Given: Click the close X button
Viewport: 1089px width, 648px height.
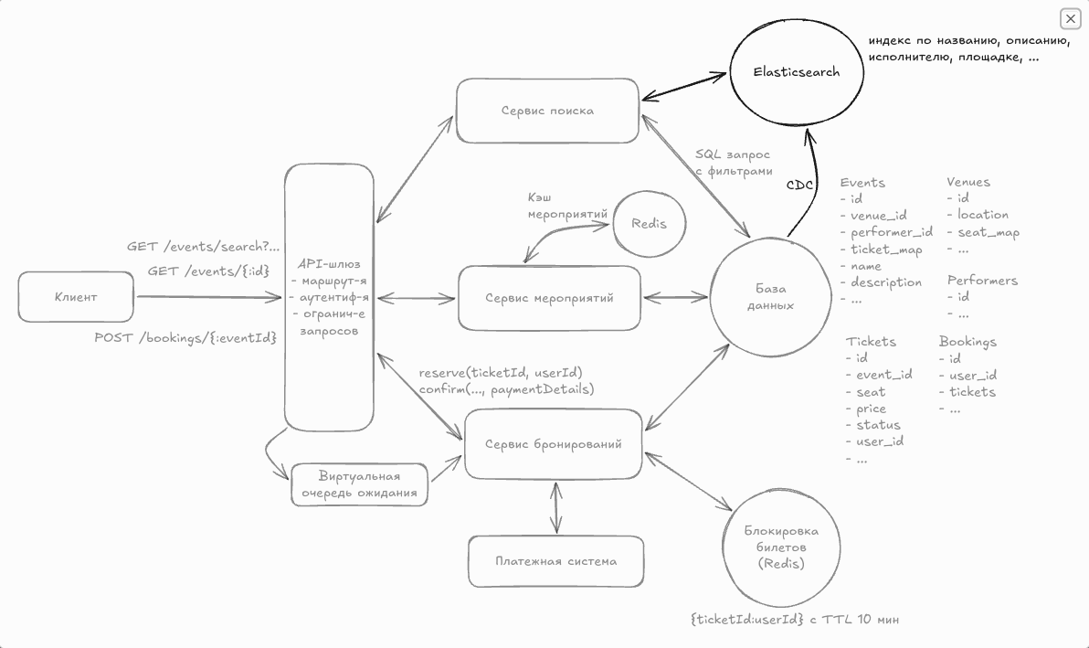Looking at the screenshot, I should point(1070,18).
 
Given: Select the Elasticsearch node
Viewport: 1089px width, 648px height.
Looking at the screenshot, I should point(796,71).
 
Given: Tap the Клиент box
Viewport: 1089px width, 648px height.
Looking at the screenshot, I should point(76,297).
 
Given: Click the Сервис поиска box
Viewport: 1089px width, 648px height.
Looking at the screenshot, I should point(547,111).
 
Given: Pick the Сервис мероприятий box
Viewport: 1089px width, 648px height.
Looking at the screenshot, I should point(549,298).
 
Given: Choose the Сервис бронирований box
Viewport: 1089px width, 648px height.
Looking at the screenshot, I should point(554,444).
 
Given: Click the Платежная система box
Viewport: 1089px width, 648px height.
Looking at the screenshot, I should point(555,561).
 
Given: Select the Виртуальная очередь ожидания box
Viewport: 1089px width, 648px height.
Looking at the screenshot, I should point(360,484).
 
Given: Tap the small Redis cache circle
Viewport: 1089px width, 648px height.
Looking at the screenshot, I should point(649,223).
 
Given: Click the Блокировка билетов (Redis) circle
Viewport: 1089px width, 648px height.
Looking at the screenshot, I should point(781,547).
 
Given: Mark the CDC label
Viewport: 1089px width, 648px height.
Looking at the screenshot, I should point(801,186).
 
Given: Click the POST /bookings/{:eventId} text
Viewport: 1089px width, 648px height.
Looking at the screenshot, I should point(185,337).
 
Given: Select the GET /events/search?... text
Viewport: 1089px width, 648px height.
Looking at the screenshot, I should point(203,247).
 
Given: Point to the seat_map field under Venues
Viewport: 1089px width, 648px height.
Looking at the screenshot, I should point(989,232).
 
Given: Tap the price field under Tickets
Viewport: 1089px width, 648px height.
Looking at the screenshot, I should point(872,409).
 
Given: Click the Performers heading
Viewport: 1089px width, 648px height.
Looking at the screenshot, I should point(982,280).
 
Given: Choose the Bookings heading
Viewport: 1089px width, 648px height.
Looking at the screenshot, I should point(967,341).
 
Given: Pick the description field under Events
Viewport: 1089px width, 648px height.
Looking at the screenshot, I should point(886,282).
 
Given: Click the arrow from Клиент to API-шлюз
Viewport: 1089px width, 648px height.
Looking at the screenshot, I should point(208,297).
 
